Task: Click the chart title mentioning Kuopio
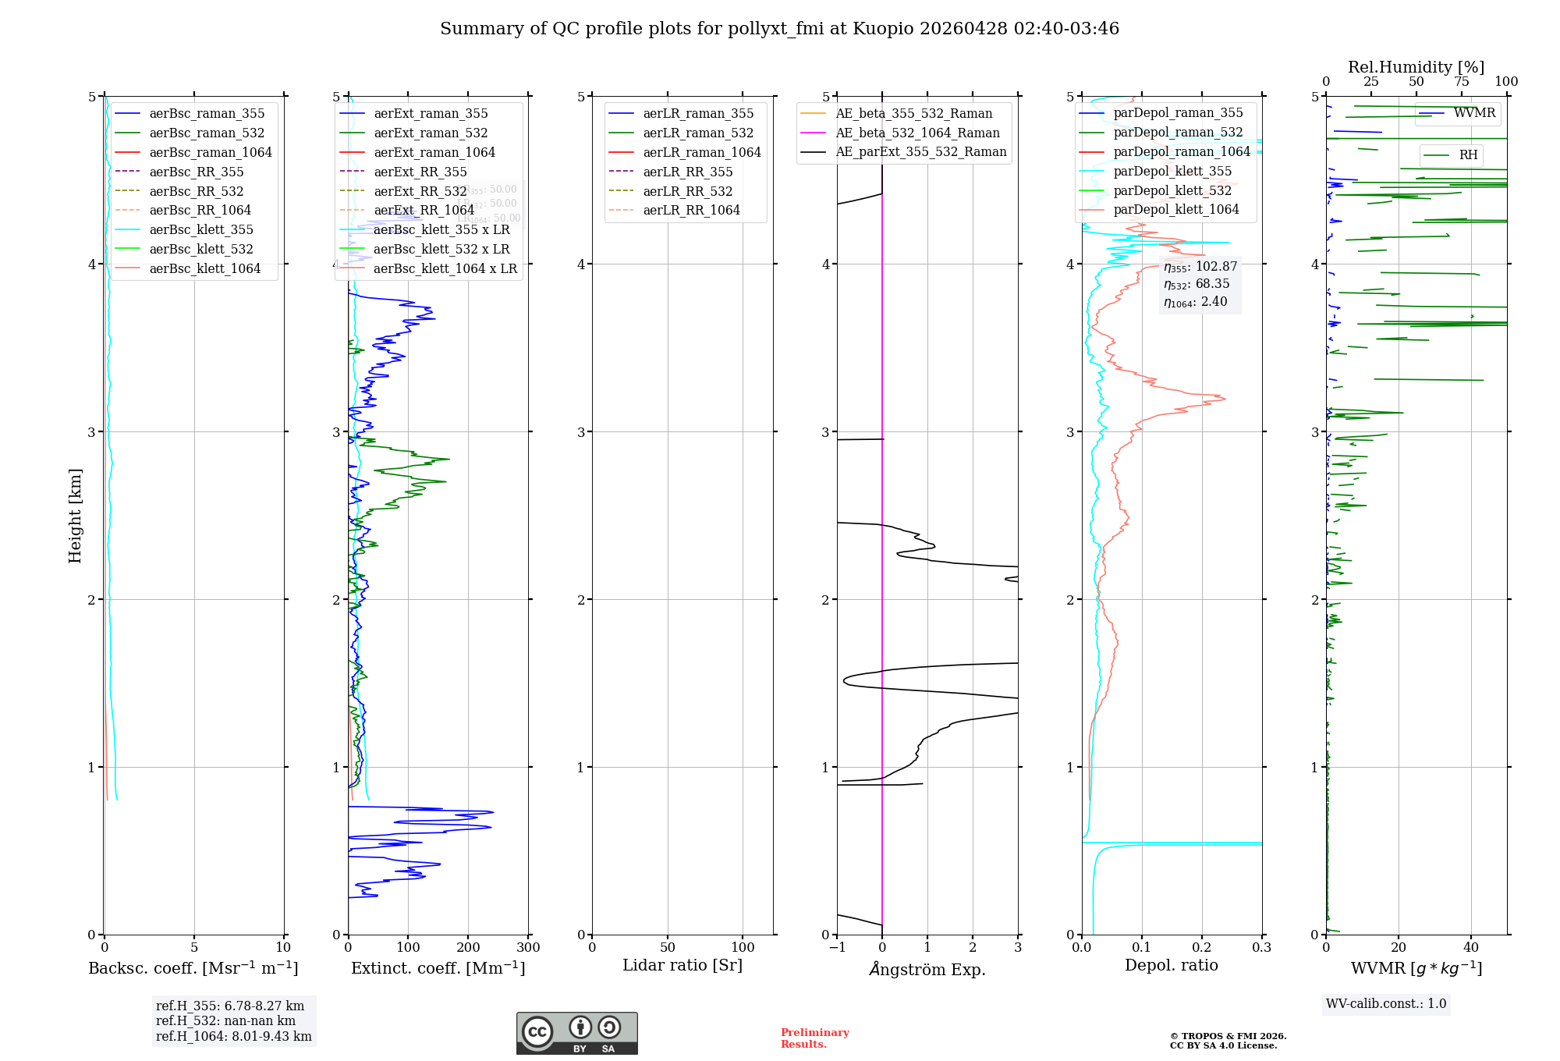(x=779, y=29)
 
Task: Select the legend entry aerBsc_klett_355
(x=201, y=229)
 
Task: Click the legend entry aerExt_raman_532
(x=431, y=133)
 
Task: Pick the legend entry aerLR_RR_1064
(x=691, y=210)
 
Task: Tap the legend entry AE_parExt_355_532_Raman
(x=920, y=151)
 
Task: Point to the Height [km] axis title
(x=75, y=516)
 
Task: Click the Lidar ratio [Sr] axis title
(x=682, y=965)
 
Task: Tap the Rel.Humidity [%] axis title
(x=1416, y=67)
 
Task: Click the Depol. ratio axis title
(x=1171, y=965)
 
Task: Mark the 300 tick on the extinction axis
(x=528, y=947)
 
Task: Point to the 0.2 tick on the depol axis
(x=1202, y=947)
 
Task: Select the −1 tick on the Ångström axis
(x=837, y=947)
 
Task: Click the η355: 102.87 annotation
(x=1200, y=267)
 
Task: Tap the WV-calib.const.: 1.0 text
(x=1386, y=1003)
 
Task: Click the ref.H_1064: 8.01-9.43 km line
(x=233, y=1036)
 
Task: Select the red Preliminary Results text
(x=814, y=1038)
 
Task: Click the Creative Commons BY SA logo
(x=576, y=1033)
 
